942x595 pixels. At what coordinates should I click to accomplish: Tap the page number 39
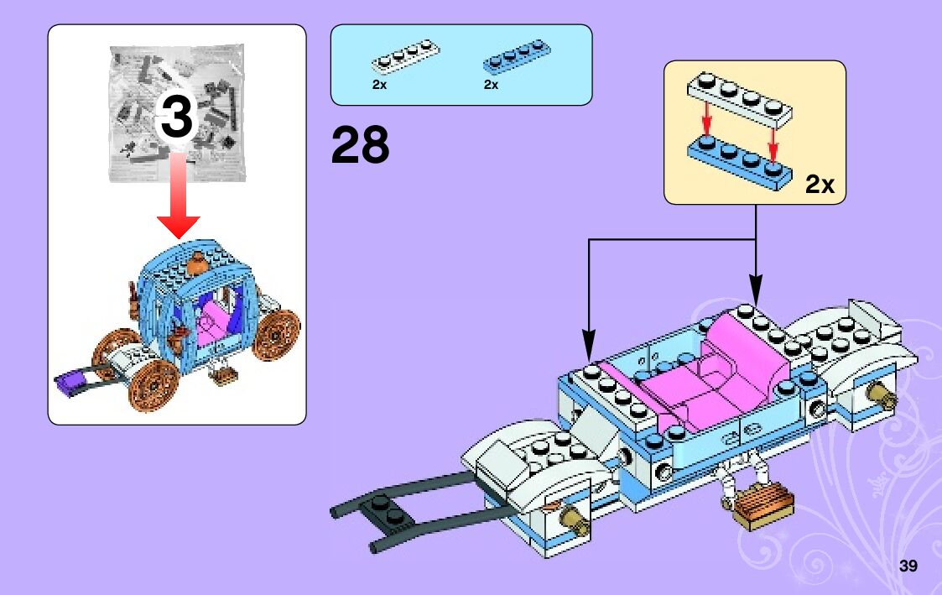coord(908,566)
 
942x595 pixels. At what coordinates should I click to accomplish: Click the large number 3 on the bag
coord(177,117)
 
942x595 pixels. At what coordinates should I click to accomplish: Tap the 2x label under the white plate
coord(379,85)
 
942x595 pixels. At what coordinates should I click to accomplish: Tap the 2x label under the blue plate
coord(491,85)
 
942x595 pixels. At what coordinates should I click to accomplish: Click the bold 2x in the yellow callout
coord(820,184)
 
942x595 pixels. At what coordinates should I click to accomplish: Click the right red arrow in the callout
coord(773,138)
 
